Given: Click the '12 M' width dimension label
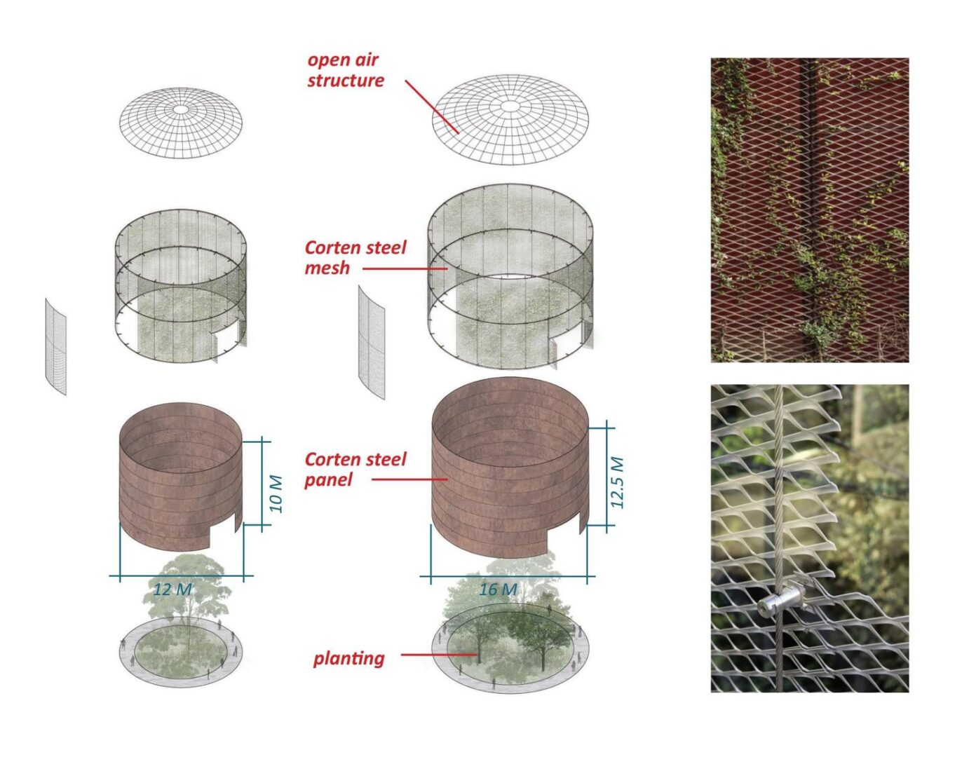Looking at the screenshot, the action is (x=173, y=589).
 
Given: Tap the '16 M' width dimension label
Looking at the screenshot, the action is (x=497, y=589).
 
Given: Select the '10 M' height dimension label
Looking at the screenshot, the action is (x=276, y=493).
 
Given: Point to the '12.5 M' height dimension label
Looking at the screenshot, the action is (x=617, y=482).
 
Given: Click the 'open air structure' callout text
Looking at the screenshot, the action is (x=346, y=71).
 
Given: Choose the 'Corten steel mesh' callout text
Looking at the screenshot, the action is (x=355, y=257).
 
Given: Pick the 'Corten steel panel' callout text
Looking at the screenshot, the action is (x=355, y=470).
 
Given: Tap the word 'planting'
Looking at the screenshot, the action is (x=348, y=659).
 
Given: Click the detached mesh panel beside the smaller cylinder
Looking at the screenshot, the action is (x=55, y=347).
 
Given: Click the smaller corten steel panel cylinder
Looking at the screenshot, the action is (x=181, y=476).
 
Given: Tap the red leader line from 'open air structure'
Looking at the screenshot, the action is (x=432, y=107).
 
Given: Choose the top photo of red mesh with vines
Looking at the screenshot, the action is (x=809, y=210).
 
